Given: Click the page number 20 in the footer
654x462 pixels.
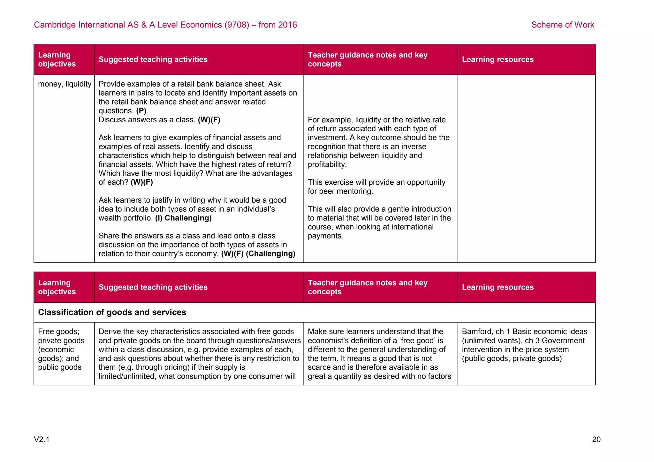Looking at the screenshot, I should coord(596,440).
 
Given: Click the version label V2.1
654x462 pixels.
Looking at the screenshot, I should coord(42,440).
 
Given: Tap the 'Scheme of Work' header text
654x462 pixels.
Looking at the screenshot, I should coord(562,25).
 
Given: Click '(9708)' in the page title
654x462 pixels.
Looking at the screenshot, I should coord(237,25).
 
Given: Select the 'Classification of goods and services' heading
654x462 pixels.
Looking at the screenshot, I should coord(112,312).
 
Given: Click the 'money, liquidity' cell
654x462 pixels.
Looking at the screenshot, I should coord(65,84).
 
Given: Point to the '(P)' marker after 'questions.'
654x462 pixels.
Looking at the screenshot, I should coord(141,111).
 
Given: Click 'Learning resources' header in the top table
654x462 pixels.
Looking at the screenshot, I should coord(498,59).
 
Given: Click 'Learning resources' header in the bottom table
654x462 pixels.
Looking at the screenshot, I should coord(498,287).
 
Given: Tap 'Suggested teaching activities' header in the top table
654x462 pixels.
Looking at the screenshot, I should coord(153,59).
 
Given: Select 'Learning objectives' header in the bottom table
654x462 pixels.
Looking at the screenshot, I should coord(57,287).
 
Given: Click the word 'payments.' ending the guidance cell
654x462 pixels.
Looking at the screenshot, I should coord(325,236).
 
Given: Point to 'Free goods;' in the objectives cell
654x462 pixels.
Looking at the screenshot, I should coord(58,332).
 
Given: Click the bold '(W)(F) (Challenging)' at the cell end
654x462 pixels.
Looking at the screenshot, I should coord(258,254).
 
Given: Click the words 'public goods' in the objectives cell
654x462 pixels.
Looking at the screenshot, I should coord(60,367).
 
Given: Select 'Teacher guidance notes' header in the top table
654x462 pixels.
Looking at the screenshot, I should coord(367,55).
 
